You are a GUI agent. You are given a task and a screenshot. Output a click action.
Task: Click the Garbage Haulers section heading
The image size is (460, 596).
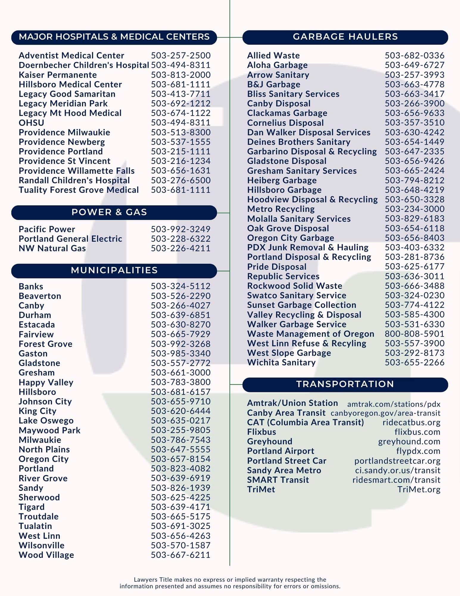[x=345, y=37]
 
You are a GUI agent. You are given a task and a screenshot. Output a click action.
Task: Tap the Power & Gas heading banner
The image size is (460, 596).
[x=114, y=212]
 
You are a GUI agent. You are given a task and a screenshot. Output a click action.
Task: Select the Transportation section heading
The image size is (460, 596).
[x=345, y=384]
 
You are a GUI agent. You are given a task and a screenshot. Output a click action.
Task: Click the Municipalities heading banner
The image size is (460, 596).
[x=114, y=270]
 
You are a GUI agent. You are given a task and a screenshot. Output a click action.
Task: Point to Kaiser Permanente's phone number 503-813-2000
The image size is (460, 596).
[x=180, y=75]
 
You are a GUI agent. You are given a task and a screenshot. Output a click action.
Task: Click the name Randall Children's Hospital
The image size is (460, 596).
[x=74, y=180]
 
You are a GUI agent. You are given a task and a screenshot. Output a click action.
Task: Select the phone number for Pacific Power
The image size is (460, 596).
[x=180, y=229]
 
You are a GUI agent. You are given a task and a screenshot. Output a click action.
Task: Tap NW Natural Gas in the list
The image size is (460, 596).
[x=52, y=248]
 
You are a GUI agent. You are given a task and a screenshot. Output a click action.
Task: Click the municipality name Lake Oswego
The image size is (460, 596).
[x=46, y=420]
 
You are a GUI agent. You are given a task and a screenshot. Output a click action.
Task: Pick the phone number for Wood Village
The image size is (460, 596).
[x=180, y=555]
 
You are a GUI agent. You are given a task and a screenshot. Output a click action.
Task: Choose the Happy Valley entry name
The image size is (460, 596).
[x=46, y=382]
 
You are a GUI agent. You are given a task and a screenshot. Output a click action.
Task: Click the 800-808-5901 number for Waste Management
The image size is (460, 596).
[x=414, y=334]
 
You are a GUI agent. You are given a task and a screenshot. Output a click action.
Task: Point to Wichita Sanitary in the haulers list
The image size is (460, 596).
[x=281, y=362]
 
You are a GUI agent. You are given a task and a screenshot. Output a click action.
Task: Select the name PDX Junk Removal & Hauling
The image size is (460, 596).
[x=308, y=247]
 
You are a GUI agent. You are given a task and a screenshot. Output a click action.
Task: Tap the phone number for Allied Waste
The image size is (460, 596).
[x=414, y=55]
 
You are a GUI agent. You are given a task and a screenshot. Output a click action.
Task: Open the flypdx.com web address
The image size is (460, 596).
[x=418, y=451]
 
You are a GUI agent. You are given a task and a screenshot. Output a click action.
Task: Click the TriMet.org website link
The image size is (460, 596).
[x=419, y=489]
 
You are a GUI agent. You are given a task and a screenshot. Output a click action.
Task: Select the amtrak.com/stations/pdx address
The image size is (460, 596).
[x=394, y=404]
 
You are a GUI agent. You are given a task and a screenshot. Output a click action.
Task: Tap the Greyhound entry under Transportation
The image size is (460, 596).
[x=269, y=441]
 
